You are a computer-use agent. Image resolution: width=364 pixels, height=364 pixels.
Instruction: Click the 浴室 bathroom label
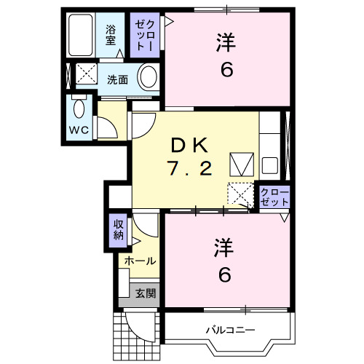111,35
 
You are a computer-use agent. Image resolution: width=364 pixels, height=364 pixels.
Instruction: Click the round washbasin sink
148,77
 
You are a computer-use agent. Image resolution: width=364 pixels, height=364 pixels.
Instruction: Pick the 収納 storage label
118,230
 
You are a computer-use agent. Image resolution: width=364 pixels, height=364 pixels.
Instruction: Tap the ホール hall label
138,261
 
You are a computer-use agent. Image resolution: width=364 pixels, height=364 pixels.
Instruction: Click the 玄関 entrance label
144,293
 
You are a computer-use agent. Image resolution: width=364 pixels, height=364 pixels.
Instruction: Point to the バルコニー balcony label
229,330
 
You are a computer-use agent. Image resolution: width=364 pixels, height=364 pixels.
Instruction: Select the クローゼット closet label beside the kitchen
274,197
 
